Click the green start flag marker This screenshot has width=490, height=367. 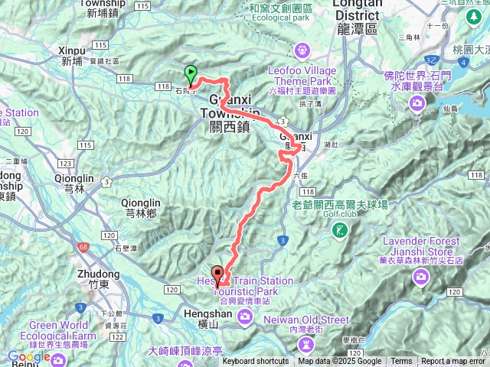190,74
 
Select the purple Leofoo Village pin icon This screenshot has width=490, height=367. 303,51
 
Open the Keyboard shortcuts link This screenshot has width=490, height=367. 256,362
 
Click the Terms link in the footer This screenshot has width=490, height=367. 401,362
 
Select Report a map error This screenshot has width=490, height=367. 453,362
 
